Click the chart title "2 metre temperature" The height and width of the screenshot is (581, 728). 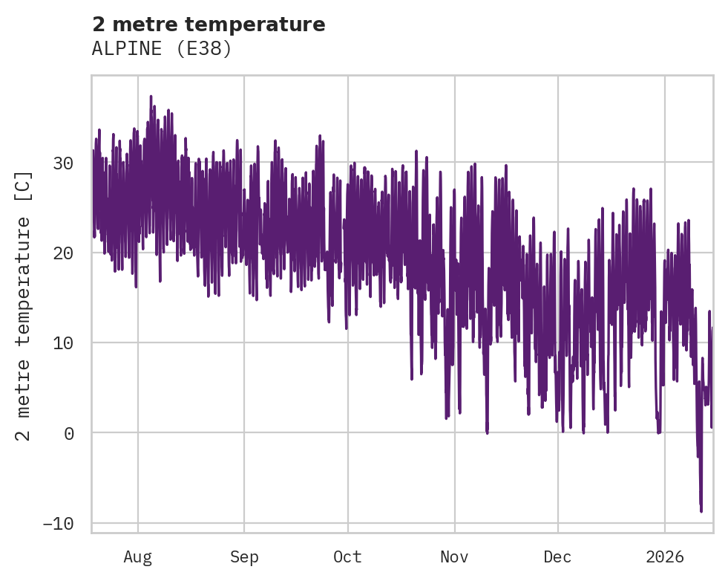pyautogui.click(x=209, y=25)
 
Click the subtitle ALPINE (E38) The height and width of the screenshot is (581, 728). pyautogui.click(x=162, y=49)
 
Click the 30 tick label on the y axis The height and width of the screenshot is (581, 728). pyautogui.click(x=64, y=163)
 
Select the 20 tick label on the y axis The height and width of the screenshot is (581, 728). pyautogui.click(x=64, y=253)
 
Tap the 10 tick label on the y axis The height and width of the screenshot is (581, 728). pyautogui.click(x=64, y=343)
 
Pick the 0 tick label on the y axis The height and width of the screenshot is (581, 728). pyautogui.click(x=69, y=433)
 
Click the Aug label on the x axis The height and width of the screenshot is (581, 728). pyautogui.click(x=137, y=556)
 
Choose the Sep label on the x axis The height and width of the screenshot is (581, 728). pyautogui.click(x=244, y=556)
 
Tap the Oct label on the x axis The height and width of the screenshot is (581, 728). pyautogui.click(x=347, y=556)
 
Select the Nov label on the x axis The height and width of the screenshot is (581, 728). pyautogui.click(x=454, y=556)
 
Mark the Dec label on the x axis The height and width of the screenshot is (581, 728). pyautogui.click(x=557, y=556)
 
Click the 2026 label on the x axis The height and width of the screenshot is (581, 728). pyautogui.click(x=664, y=556)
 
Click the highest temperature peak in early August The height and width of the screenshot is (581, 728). pyautogui.click(x=151, y=97)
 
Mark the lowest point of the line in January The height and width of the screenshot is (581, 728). pyautogui.click(x=701, y=511)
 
